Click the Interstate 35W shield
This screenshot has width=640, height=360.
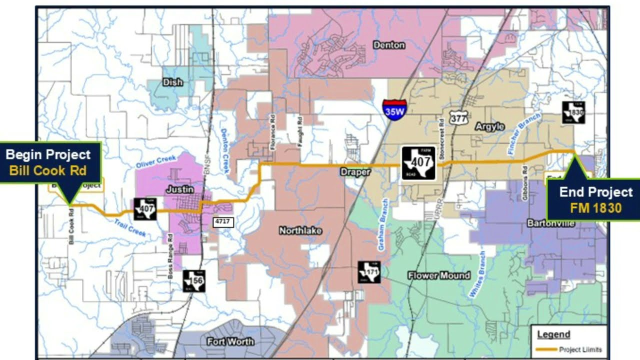[394, 108]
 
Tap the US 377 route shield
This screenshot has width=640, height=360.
[458, 117]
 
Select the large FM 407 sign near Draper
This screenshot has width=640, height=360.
[418, 163]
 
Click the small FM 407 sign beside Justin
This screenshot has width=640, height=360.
[145, 208]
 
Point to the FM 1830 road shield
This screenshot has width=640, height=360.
[573, 112]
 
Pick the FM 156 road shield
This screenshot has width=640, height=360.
[193, 281]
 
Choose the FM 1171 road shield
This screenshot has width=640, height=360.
[369, 272]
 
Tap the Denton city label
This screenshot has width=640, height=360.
[389, 45]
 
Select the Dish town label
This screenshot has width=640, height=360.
[173, 82]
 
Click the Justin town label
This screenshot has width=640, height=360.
[180, 190]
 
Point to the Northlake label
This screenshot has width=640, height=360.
[300, 230]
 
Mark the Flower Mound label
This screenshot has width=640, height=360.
[439, 275]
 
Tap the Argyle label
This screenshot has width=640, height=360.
[489, 126]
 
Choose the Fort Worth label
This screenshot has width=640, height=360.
[230, 342]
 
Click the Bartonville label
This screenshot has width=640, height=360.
[550, 223]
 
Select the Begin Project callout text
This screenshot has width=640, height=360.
[48, 154]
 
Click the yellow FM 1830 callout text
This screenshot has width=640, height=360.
[595, 208]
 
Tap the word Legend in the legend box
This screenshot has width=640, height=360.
[553, 334]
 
